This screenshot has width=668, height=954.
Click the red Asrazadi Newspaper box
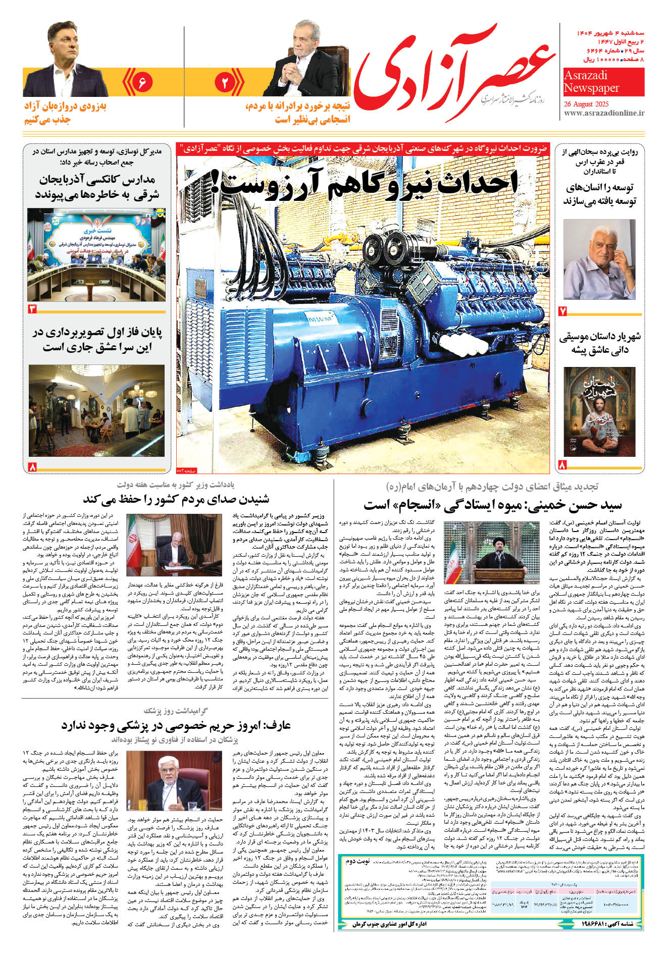604,82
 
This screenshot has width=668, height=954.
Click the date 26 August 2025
586,104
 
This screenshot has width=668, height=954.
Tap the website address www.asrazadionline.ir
604,114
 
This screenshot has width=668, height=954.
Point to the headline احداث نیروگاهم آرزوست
364,183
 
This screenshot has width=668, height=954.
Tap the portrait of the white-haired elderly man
599,259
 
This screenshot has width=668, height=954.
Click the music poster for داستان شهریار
599,411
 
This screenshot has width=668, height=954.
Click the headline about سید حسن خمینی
492,504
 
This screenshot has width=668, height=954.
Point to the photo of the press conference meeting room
96,254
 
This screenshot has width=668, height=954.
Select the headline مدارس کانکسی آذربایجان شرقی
96,186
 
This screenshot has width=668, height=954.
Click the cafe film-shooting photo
96,410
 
